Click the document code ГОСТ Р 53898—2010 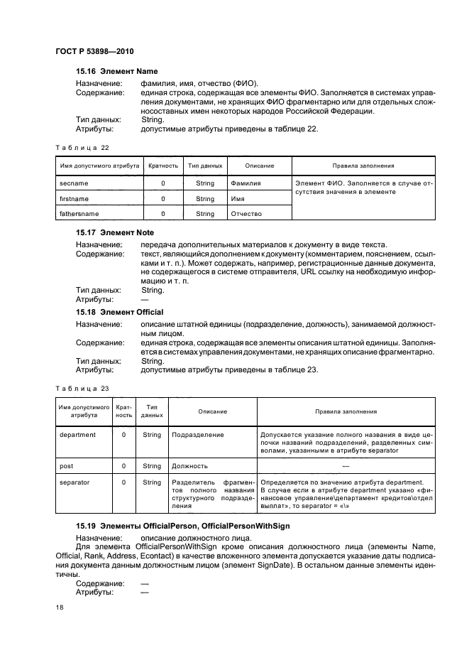(94, 53)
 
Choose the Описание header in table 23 (212, 411)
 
